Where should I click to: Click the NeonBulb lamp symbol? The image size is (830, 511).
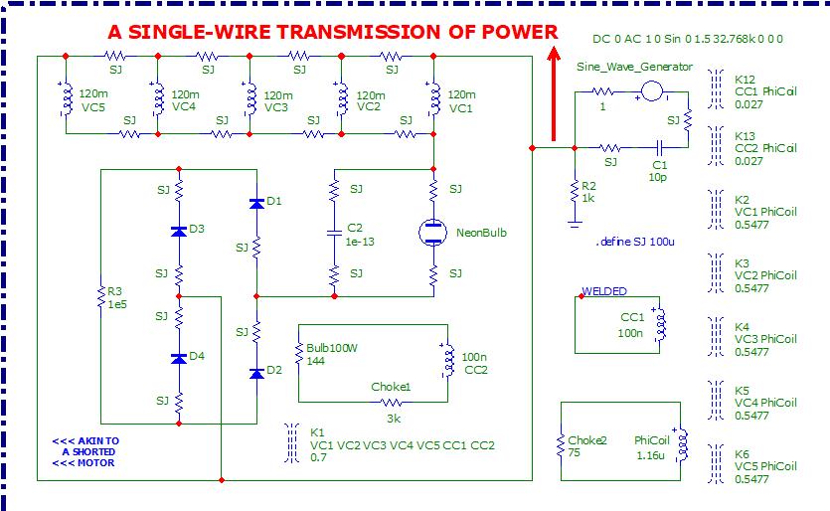pyautogui.click(x=433, y=231)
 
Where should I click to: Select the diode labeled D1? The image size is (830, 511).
pyautogui.click(x=256, y=203)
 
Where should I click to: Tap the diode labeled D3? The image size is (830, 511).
pyautogui.click(x=179, y=231)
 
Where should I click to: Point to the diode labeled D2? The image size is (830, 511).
pyautogui.click(x=256, y=372)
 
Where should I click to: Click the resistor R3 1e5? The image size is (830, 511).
pyautogui.click(x=101, y=296)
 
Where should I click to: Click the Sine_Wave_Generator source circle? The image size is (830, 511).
pyautogui.click(x=652, y=91)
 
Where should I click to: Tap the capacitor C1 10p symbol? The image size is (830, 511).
pyautogui.click(x=658, y=148)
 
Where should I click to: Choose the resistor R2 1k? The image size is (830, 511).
pyautogui.click(x=574, y=189)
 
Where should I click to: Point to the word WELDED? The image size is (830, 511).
pyautogui.click(x=604, y=291)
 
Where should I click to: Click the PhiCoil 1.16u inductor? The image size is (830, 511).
pyautogui.click(x=681, y=446)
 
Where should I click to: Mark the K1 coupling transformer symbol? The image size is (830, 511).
pyautogui.click(x=291, y=439)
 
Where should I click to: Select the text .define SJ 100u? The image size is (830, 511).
pyautogui.click(x=636, y=242)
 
